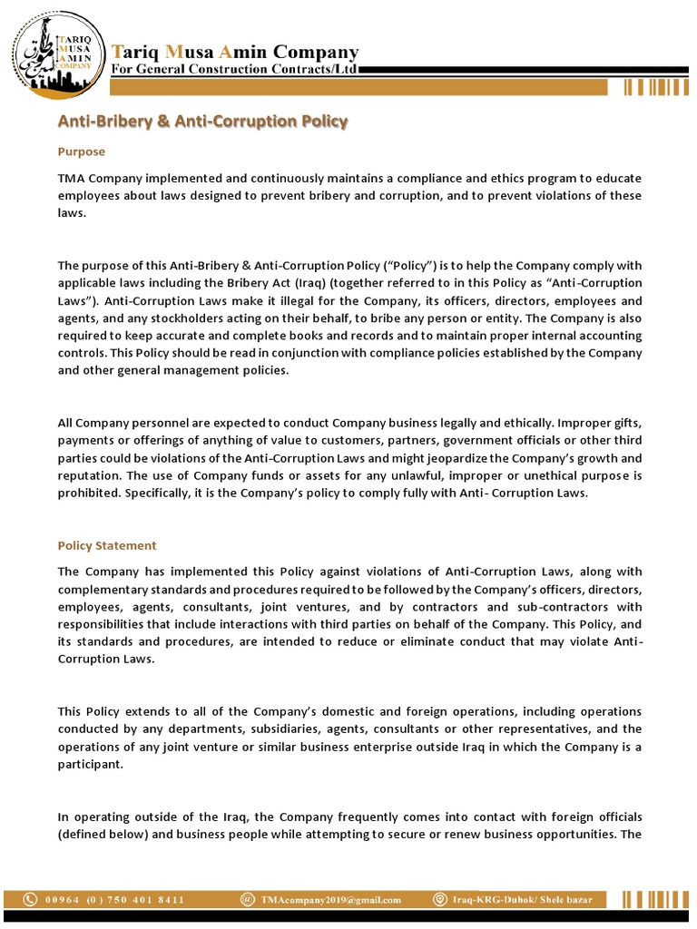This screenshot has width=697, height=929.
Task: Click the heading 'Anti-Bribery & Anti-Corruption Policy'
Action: point(202,121)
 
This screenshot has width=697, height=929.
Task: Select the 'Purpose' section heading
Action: point(82,152)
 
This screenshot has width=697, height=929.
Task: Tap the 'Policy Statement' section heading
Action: point(107,545)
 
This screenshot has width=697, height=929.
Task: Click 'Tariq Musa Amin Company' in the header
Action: point(234,52)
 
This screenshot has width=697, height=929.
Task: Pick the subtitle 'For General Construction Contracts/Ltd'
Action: point(233,70)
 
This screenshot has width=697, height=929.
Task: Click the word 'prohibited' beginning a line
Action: point(86,493)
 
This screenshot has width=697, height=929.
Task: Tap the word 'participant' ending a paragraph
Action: point(89,763)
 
